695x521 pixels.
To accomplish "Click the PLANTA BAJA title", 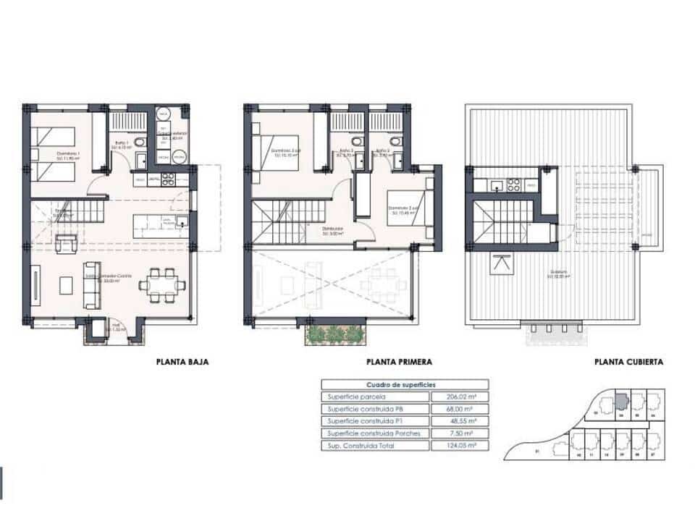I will click(x=182, y=362).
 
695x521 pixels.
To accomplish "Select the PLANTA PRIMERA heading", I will click(x=400, y=362).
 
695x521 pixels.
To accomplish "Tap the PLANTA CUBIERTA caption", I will click(x=628, y=362).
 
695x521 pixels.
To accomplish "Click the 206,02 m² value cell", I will click(x=459, y=397).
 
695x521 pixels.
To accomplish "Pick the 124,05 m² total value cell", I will click(x=459, y=446).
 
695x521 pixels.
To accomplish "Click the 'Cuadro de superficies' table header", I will click(x=405, y=385).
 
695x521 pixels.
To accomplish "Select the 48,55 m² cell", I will click(x=459, y=421).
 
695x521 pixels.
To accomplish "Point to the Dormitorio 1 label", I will click(x=69, y=154).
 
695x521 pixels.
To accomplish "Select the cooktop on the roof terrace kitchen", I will click(x=513, y=186).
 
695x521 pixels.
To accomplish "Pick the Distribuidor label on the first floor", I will click(x=333, y=232).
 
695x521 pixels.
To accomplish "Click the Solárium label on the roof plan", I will click(x=557, y=274).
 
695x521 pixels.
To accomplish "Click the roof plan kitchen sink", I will click(x=496, y=186).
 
